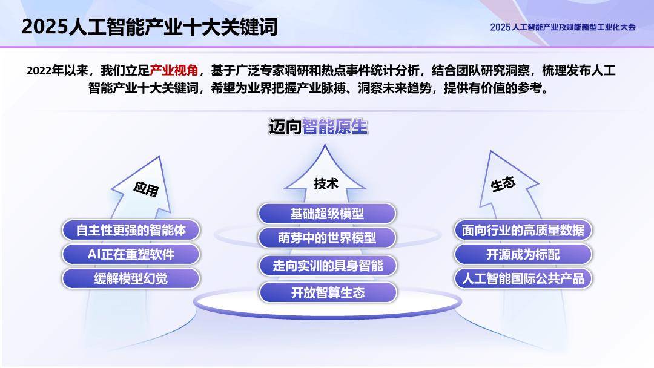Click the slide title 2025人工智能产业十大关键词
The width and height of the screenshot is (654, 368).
tap(150, 27)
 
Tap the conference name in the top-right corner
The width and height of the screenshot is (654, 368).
tap(563, 27)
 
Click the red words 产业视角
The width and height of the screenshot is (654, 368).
tap(174, 71)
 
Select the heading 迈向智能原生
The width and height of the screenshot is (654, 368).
tap(318, 127)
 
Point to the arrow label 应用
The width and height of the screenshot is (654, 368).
tap(146, 189)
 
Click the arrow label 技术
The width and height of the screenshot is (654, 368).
tap(326, 183)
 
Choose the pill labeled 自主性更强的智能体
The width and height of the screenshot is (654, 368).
tap(131, 230)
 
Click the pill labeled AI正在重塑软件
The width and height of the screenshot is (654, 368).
tap(131, 254)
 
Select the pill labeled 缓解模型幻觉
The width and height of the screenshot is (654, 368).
tap(131, 278)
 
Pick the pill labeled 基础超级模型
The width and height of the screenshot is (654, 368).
tap(327, 214)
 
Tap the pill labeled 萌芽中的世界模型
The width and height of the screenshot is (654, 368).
tap(327, 238)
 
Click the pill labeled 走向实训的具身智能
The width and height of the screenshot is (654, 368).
tap(328, 266)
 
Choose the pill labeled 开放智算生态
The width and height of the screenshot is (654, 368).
tap(328, 293)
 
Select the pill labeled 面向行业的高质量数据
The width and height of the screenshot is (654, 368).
tap(523, 230)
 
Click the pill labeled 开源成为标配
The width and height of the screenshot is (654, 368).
tap(523, 254)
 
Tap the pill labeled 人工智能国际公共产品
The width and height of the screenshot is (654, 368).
tap(523, 278)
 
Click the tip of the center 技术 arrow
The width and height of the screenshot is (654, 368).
tap(325, 146)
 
